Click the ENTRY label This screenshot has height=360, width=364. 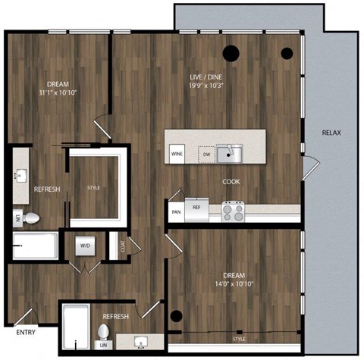click(x=25, y=332)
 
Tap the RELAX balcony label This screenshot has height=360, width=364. click(x=331, y=133)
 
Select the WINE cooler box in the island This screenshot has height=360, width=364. click(x=177, y=154)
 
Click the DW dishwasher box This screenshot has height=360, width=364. click(x=206, y=155)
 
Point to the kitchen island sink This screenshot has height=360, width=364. click(x=228, y=154)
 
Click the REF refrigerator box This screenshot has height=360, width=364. click(x=196, y=207)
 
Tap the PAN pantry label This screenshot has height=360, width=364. click(x=176, y=212)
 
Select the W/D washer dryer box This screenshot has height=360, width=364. click(x=84, y=246)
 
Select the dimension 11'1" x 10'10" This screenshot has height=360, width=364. click(x=58, y=92)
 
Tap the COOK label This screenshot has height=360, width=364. click(x=231, y=182)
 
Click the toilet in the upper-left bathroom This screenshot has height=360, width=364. click(x=30, y=218)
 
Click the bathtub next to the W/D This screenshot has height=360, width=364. click(x=35, y=246)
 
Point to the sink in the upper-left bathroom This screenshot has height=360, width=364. click(x=20, y=177)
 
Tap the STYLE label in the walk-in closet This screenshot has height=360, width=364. click(x=93, y=187)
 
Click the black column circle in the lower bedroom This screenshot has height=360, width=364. click(x=176, y=315)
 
